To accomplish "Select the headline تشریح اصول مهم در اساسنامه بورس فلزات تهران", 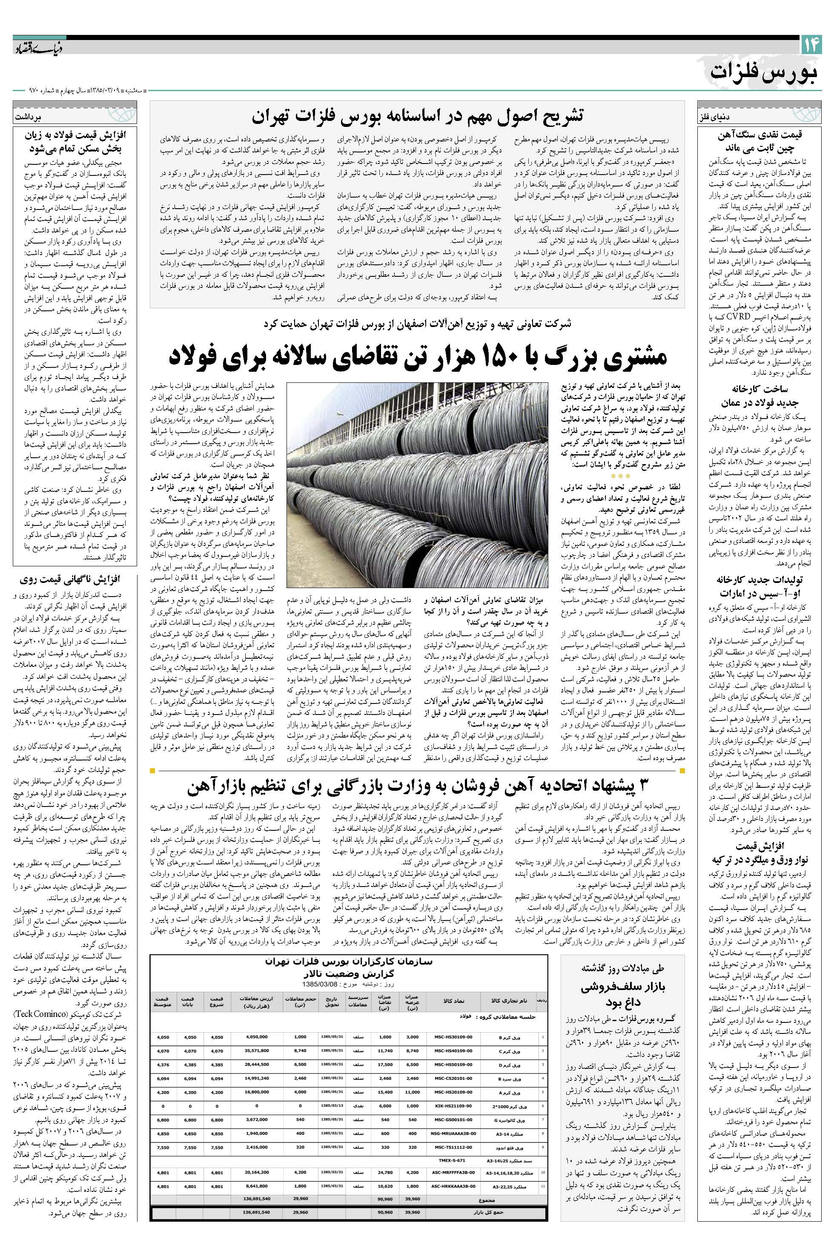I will point(418,116).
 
